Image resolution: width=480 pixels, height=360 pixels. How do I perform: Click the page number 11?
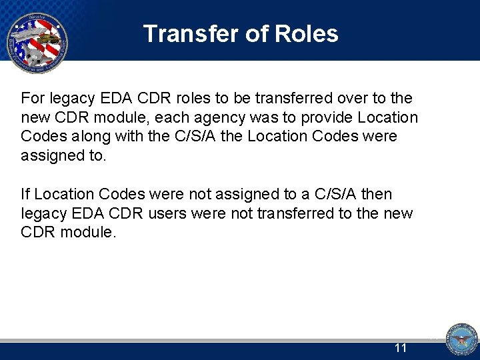click(x=401, y=347)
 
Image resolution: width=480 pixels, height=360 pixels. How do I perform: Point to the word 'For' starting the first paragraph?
click(x=32, y=99)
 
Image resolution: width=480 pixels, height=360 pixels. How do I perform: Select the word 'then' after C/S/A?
click(x=377, y=194)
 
